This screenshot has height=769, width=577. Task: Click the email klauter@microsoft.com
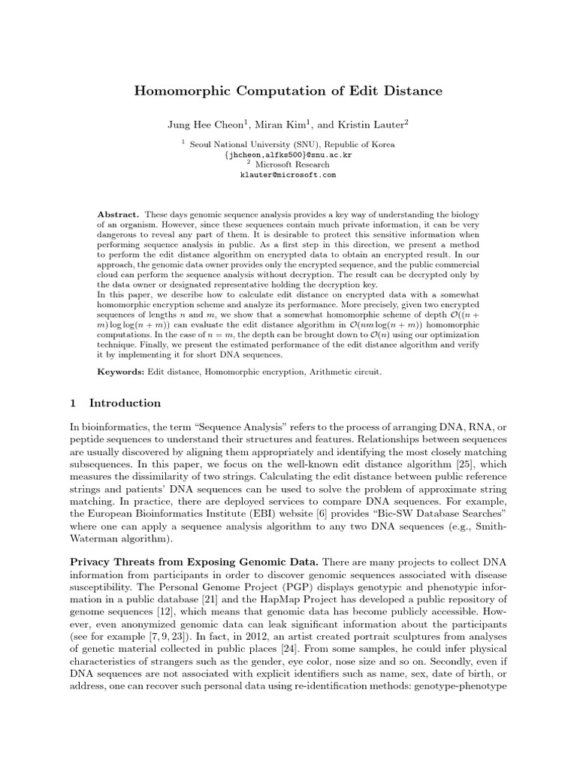(288, 174)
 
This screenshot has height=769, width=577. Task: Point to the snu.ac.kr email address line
(288, 155)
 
